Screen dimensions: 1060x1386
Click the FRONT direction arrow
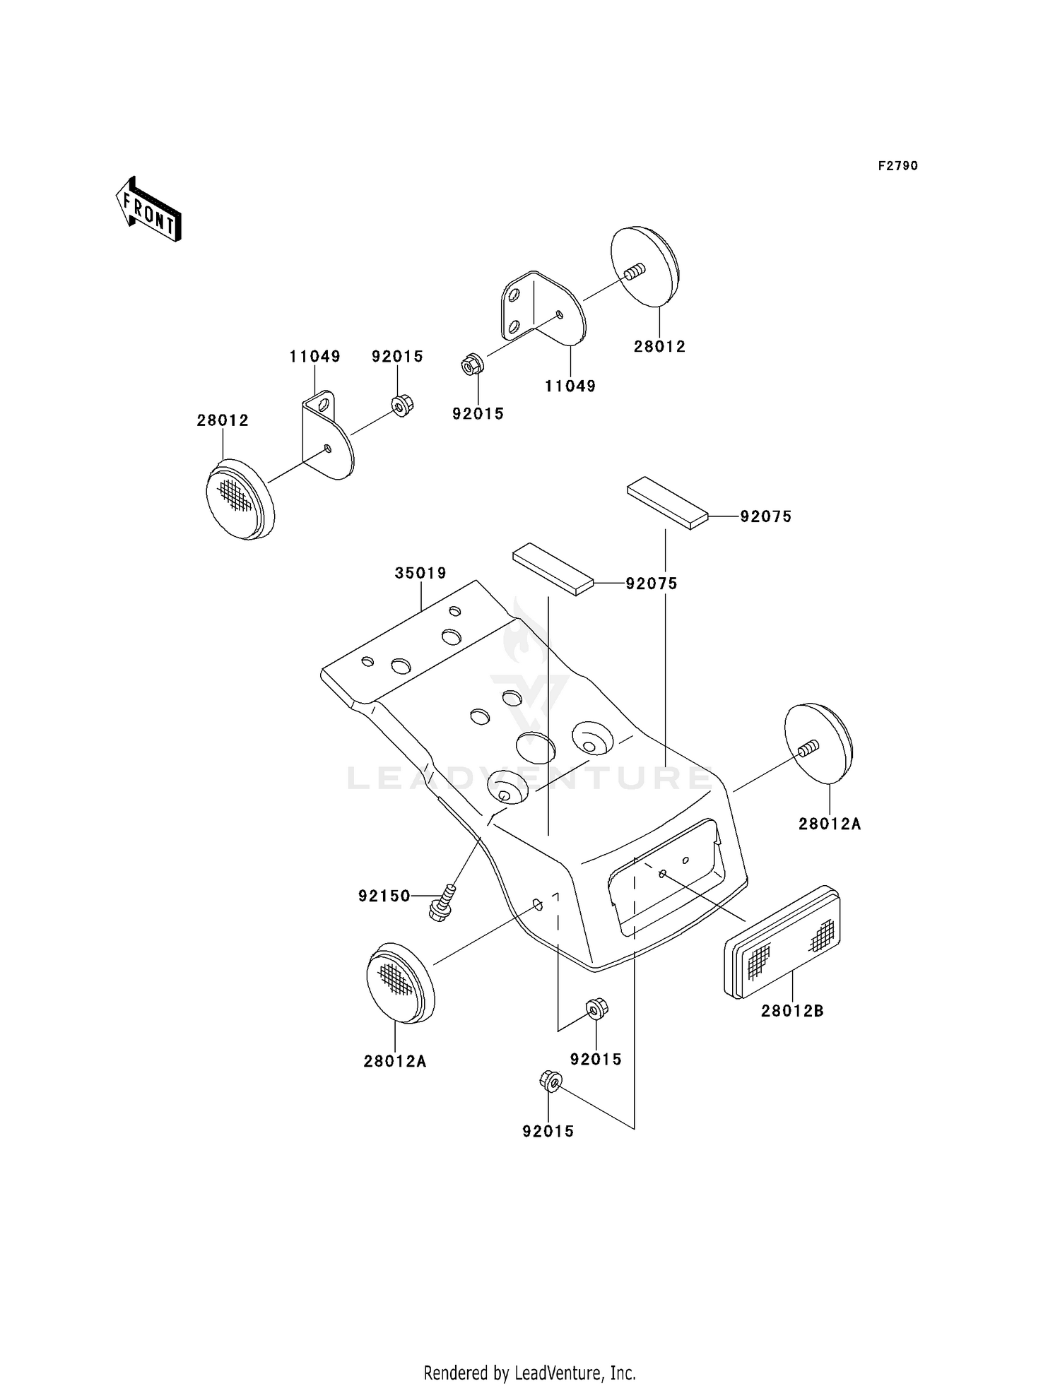pyautogui.click(x=148, y=210)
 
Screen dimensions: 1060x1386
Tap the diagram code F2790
pyautogui.click(x=898, y=166)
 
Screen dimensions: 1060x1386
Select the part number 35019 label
pyautogui.click(x=420, y=573)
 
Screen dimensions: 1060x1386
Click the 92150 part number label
pyautogui.click(x=384, y=896)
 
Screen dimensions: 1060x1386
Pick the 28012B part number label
pyautogui.click(x=792, y=1011)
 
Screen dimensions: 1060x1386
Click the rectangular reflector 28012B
pyautogui.click(x=782, y=942)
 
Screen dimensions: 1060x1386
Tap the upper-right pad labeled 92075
pyautogui.click(x=667, y=502)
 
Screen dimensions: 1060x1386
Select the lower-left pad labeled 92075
pyautogui.click(x=554, y=569)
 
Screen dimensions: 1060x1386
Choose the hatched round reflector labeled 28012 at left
pyautogui.click(x=240, y=499)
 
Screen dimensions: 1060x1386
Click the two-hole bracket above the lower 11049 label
pyautogui.click(x=542, y=309)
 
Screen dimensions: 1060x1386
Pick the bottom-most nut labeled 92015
pyautogui.click(x=550, y=1081)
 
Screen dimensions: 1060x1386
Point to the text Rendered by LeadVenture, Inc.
pyautogui.click(x=530, y=1373)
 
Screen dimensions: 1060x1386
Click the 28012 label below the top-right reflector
pyautogui.click(x=659, y=346)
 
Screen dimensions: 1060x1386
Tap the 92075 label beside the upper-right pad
pyautogui.click(x=766, y=516)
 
